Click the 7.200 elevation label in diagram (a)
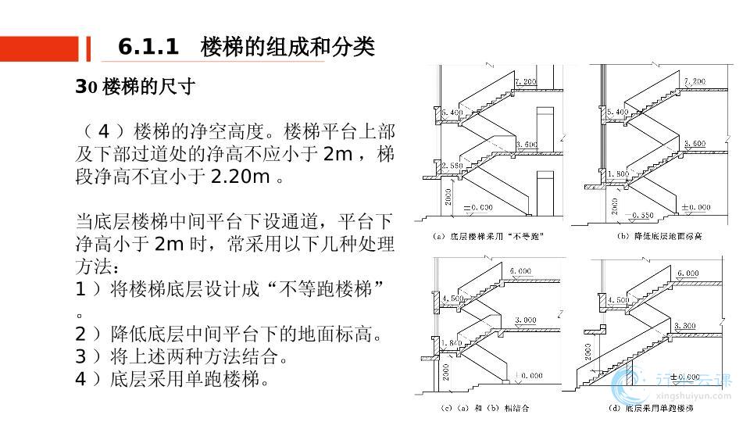tap(526, 82)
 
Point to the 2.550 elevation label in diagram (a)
tap(452, 166)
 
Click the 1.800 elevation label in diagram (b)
tap(616, 173)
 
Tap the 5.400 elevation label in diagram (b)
tap(616, 113)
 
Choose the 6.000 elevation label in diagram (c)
tap(522, 270)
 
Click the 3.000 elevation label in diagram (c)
tap(525, 320)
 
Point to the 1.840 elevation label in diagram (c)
tap(452, 344)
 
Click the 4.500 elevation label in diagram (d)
tap(617, 300)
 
